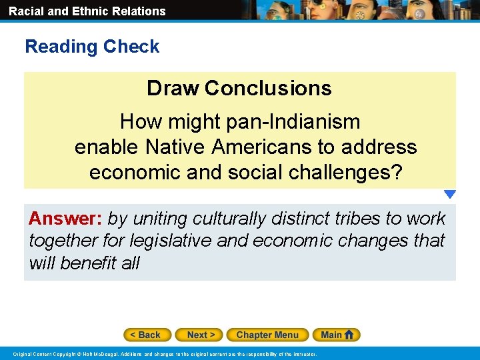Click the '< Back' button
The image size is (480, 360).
(147, 335)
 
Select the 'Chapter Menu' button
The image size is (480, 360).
(267, 335)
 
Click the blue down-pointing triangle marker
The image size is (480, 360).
(450, 195)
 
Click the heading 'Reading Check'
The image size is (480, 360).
(92, 47)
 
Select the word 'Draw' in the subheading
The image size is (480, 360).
(173, 88)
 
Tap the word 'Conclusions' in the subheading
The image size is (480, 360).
(268, 88)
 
